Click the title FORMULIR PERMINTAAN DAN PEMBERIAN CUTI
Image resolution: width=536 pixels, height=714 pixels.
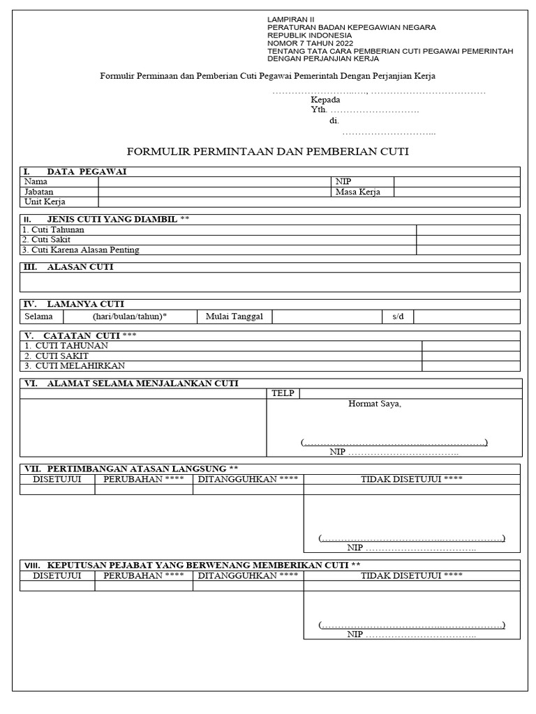point(267,151)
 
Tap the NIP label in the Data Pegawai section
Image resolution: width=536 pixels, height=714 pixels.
point(343,181)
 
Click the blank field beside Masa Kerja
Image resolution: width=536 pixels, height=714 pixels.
point(456,192)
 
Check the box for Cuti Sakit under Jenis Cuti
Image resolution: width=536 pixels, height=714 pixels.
point(468,239)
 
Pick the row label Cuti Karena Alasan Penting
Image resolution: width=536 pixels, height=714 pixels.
point(81,250)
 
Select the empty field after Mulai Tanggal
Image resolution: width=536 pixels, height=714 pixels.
point(326,317)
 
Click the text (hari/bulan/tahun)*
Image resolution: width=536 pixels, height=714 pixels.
point(130,317)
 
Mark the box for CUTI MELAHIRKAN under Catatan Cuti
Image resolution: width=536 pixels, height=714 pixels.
point(470,365)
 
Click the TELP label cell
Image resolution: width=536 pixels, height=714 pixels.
point(283,393)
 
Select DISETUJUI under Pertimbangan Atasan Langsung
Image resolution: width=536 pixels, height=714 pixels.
point(57,479)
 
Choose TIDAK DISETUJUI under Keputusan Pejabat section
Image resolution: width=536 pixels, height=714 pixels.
point(411,575)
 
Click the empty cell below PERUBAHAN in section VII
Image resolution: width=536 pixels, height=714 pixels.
point(144,489)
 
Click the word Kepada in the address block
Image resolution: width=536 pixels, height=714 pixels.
point(325,100)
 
